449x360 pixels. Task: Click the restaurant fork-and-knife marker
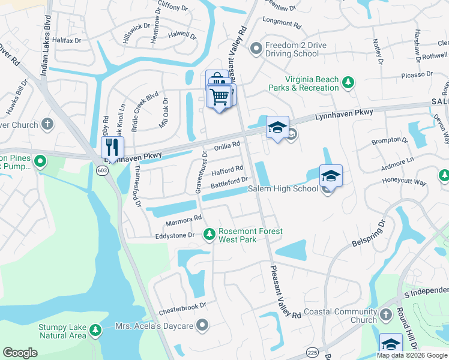coord(112,147)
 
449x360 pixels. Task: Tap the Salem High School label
coord(283,189)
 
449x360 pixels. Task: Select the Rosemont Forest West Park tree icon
coord(209,234)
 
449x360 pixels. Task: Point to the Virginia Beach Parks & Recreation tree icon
coord(348,82)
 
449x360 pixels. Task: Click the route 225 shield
coord(312,351)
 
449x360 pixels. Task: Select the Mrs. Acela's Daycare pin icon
coord(203,326)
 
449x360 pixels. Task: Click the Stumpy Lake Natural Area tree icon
coord(95,330)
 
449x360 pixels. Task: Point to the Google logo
coord(20,353)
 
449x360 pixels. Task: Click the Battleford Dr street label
coord(229,181)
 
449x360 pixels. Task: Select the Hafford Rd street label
coord(227,170)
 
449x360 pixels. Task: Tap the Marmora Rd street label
coord(184,222)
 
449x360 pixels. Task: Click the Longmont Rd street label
coord(282,25)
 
